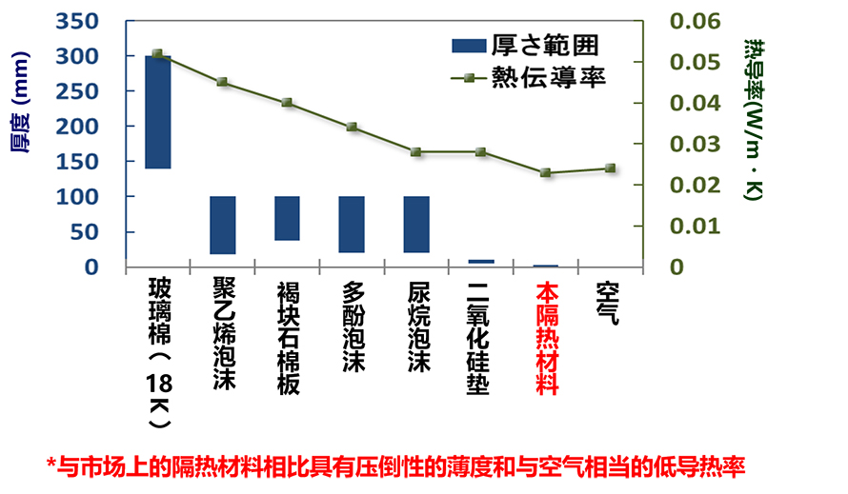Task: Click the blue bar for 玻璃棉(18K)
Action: coord(158,112)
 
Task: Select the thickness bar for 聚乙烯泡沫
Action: coord(223,226)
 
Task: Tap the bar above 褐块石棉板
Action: coord(288,219)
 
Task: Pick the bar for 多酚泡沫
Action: coord(352,225)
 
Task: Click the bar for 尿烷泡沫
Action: coord(416,225)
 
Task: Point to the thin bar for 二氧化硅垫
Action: coord(481,261)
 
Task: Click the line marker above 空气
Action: coord(610,168)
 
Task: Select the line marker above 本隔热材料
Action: coord(545,173)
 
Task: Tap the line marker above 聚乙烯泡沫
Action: coord(222,82)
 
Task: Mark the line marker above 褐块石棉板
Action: coord(287,103)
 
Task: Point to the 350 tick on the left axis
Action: coord(80,21)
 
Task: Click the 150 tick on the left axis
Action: coord(80,161)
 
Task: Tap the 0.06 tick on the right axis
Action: coord(690,21)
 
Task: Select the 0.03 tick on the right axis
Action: coord(690,144)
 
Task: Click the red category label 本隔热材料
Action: coord(546,338)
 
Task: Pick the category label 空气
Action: coord(610,304)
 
